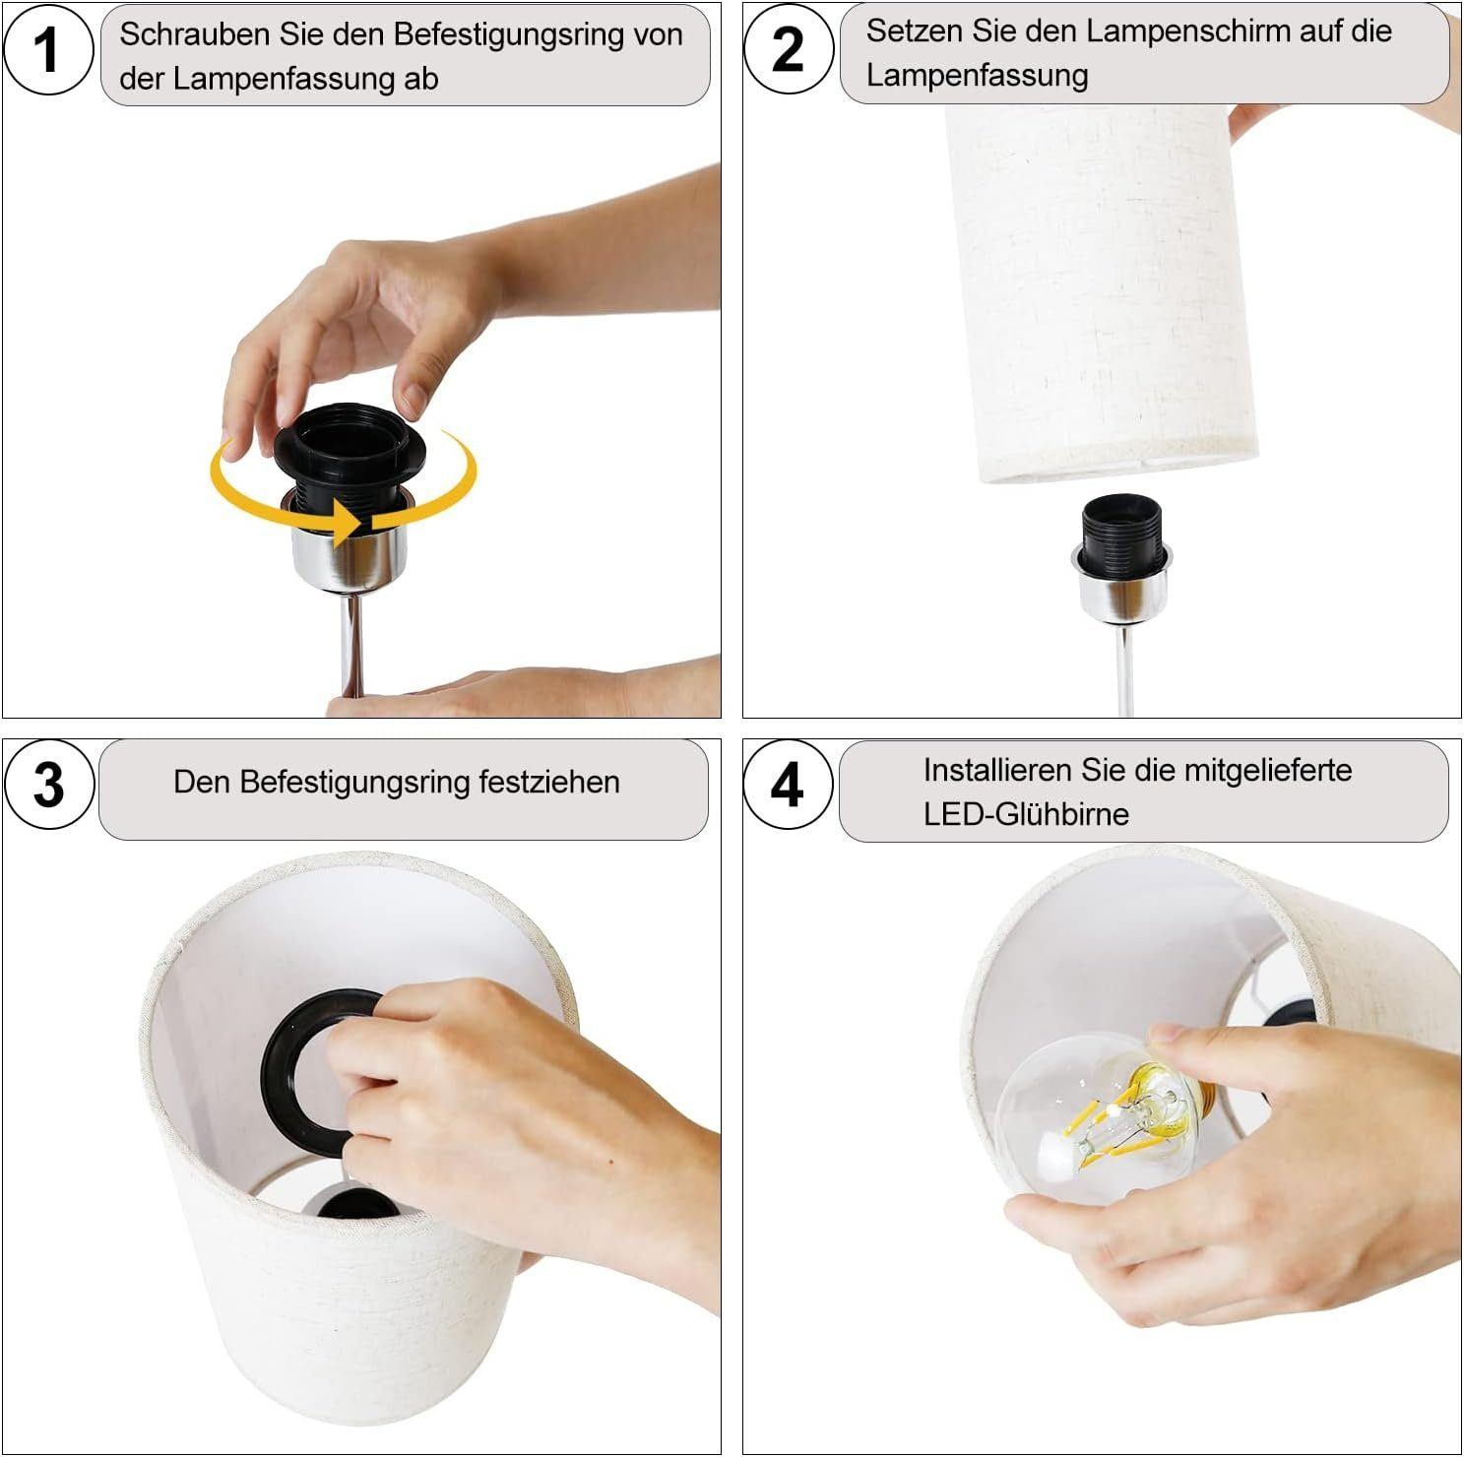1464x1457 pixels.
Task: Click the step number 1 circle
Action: [48, 49]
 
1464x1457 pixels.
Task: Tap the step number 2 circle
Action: [789, 49]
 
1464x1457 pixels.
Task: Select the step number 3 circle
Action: [49, 785]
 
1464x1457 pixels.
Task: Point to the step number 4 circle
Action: [788, 786]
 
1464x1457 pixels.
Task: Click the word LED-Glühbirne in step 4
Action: [1026, 814]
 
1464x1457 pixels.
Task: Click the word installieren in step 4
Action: [996, 770]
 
